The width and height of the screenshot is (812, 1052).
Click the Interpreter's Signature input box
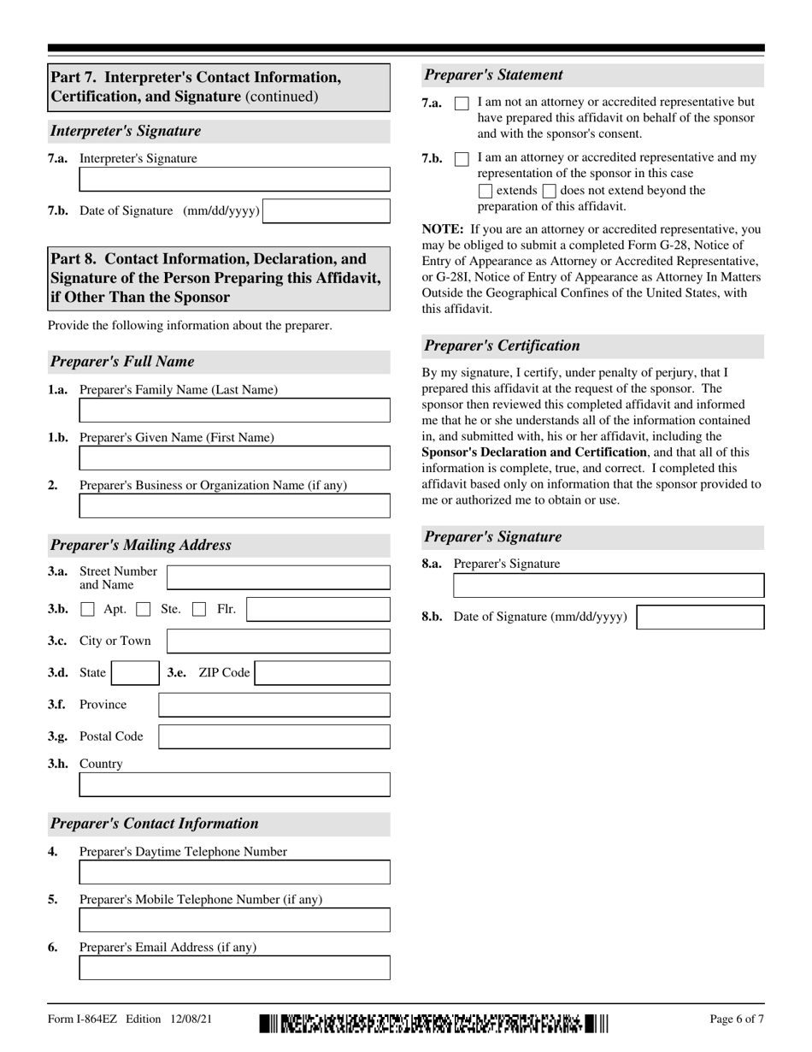coord(234,179)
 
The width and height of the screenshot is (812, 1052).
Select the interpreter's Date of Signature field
coord(326,211)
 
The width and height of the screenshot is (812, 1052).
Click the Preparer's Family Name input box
coord(234,411)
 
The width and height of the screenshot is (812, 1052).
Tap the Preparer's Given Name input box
coord(234,458)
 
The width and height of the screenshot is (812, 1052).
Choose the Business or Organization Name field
coord(234,506)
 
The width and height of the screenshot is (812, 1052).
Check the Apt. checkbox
coord(87,610)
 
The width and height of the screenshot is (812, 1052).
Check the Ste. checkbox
coord(144,610)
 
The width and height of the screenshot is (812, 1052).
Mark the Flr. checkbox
coord(199,610)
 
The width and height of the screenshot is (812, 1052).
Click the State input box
coord(135,673)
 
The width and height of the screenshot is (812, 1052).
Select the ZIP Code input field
coord(322,673)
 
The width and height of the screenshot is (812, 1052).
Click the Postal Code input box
coord(274,737)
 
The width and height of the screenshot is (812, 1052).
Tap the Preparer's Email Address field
coord(234,968)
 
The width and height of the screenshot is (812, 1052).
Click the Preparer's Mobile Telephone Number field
coord(234,920)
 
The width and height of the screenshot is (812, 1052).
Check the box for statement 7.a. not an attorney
coord(462,103)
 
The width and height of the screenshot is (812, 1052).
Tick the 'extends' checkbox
coord(485,192)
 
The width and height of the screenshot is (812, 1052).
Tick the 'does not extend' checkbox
coord(550,192)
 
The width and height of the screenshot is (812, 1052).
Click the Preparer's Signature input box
coord(609,586)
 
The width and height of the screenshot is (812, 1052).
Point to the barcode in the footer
coord(434,1023)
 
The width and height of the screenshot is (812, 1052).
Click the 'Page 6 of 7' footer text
coord(737,1019)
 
